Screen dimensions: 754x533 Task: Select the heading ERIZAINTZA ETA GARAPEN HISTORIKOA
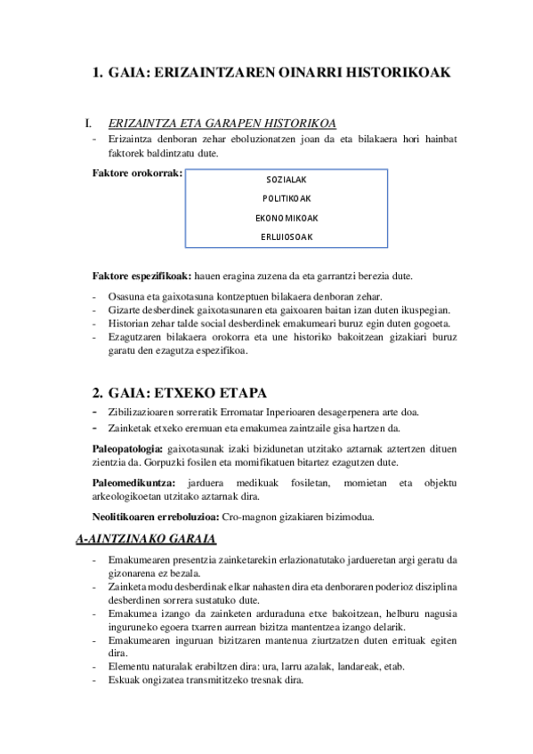point(221,124)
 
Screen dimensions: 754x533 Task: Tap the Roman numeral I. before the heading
point(87,124)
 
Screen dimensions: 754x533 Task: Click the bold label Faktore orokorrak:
point(137,172)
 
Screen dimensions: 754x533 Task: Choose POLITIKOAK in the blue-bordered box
point(286,198)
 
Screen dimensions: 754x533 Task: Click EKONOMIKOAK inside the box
point(286,218)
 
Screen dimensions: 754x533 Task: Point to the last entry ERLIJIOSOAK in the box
point(286,237)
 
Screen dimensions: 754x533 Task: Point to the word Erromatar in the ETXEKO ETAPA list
point(273,411)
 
